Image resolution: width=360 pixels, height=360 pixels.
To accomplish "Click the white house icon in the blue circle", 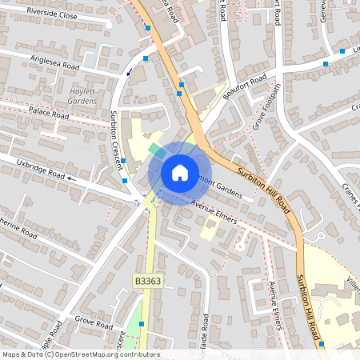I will point(179,172).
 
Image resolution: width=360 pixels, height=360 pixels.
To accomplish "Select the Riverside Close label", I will point(52,14).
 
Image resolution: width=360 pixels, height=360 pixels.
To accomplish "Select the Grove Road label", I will point(94,323).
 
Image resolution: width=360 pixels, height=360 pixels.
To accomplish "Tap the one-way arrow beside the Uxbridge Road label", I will point(72,179).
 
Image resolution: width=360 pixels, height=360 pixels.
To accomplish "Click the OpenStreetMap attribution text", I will point(80,354).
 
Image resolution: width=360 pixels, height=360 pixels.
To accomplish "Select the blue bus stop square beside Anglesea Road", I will point(146,58).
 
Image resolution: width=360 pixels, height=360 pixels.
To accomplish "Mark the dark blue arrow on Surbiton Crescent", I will point(130,72).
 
